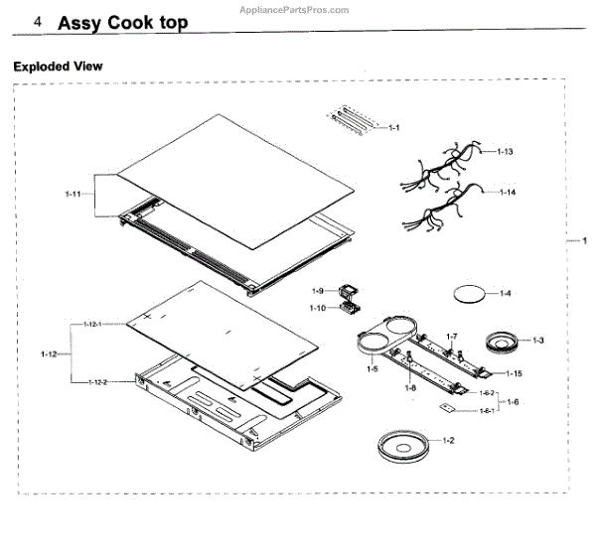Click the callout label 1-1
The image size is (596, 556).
click(x=393, y=128)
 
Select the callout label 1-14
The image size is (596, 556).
click(x=507, y=191)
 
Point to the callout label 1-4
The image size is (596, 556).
click(x=506, y=293)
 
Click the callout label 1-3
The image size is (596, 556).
click(x=537, y=341)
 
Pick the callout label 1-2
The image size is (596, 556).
click(x=448, y=439)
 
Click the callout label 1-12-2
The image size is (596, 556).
click(x=97, y=381)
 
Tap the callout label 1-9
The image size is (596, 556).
click(x=318, y=291)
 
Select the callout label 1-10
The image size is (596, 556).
click(x=318, y=308)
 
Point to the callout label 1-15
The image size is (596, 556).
click(x=514, y=373)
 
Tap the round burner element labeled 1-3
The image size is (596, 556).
click(x=502, y=344)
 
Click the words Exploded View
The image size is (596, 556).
click(x=58, y=67)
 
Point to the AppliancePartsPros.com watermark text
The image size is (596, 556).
click(x=296, y=10)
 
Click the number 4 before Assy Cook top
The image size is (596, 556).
click(x=37, y=21)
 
